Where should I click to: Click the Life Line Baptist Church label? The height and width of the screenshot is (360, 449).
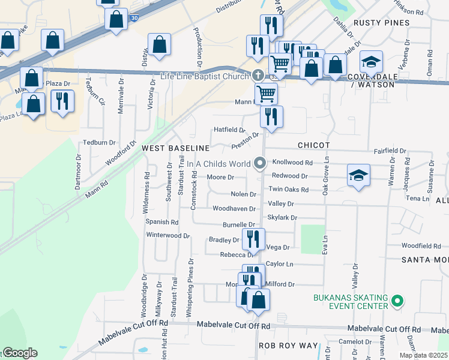point(204,76)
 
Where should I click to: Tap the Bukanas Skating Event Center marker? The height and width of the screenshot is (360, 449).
point(396,299)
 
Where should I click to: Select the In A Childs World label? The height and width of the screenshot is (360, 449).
point(218,163)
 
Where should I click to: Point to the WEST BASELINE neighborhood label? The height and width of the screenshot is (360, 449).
point(175,148)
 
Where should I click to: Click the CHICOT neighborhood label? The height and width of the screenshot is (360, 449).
point(313,146)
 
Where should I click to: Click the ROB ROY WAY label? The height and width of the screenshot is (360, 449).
point(288,346)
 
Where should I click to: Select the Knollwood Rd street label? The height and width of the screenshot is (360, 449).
point(292,163)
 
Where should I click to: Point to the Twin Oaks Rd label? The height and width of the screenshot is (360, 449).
point(288,190)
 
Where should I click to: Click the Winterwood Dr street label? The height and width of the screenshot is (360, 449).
point(168,235)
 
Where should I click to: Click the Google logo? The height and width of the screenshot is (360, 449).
point(19,353)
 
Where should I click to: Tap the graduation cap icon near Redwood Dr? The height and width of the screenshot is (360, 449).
point(358,175)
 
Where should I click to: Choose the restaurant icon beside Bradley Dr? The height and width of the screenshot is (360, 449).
point(253,239)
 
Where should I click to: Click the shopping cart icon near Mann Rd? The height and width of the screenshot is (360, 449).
point(266,93)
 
